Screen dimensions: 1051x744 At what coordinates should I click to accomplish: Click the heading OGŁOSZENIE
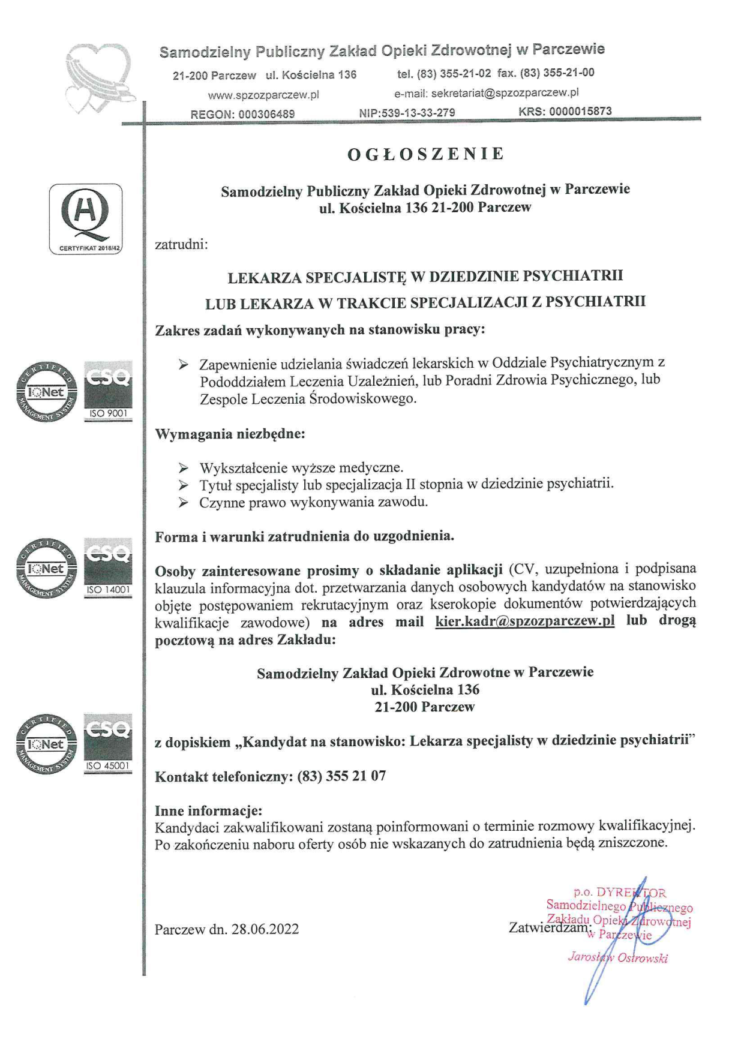coord(425,154)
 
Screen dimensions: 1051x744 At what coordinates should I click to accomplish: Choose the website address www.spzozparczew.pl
coord(263,95)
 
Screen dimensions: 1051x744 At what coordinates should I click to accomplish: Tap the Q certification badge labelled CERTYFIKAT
coord(85,219)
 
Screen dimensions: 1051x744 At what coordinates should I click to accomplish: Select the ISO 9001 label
coord(108,414)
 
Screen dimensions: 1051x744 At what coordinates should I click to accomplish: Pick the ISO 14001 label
coord(108,590)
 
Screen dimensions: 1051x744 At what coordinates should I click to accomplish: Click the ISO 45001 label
coord(108,766)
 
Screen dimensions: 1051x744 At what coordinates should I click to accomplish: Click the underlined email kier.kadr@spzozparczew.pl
coord(525,621)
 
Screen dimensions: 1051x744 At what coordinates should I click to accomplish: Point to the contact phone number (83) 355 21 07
coord(341,776)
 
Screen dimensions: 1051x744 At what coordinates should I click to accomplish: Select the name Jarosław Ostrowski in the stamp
coord(617,958)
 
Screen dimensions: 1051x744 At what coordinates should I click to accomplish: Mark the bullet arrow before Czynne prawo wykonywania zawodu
coord(184,503)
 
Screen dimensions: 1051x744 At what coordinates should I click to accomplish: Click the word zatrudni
coord(181,245)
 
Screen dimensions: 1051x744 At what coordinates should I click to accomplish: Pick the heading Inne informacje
coord(208,811)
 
